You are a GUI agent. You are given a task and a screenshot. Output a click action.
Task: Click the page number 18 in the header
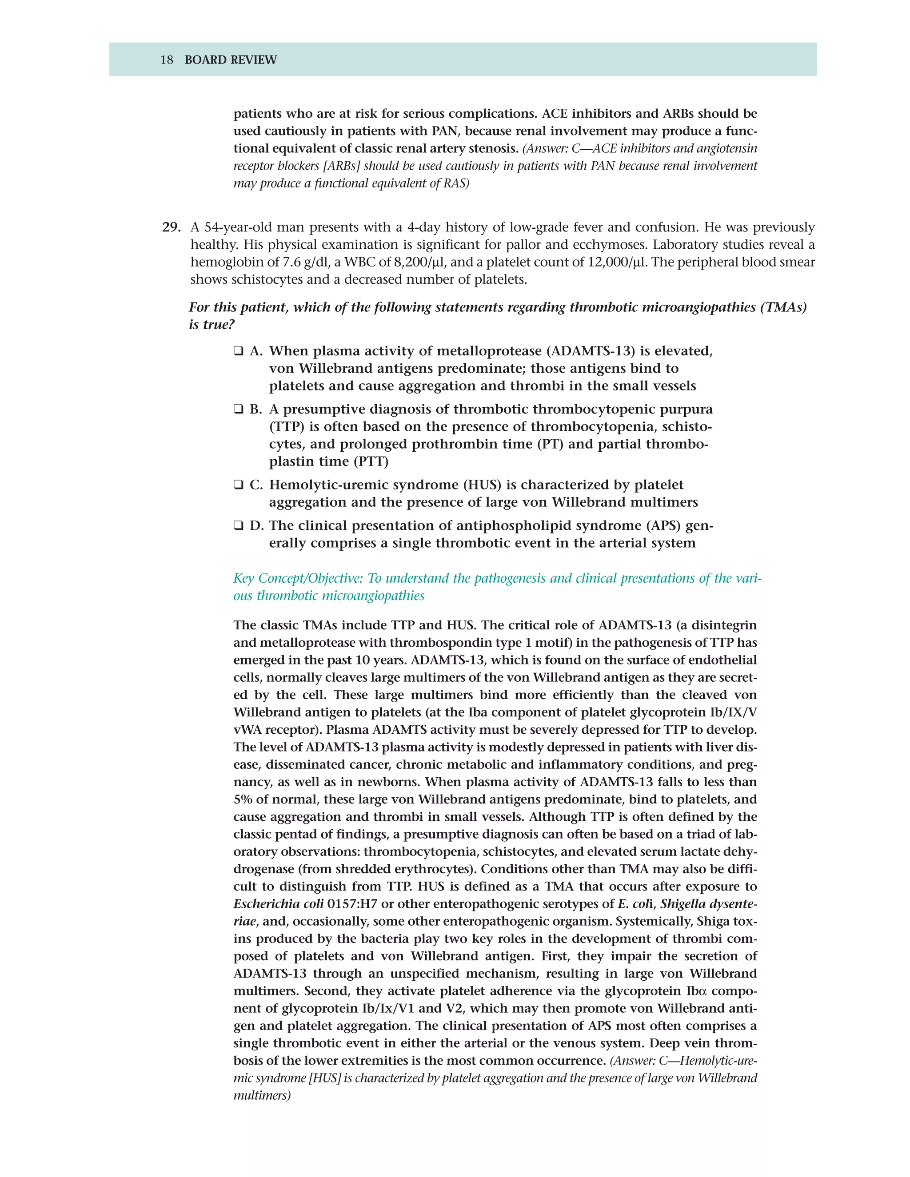click(166, 60)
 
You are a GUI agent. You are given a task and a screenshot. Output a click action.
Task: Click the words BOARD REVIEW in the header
click(230, 60)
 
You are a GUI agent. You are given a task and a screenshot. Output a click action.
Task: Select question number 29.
click(171, 227)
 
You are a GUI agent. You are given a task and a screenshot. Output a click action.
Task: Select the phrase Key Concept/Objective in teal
click(298, 579)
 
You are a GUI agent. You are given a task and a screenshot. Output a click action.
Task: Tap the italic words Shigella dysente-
click(708, 904)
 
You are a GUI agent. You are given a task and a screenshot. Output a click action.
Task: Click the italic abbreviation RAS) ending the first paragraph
click(456, 184)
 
